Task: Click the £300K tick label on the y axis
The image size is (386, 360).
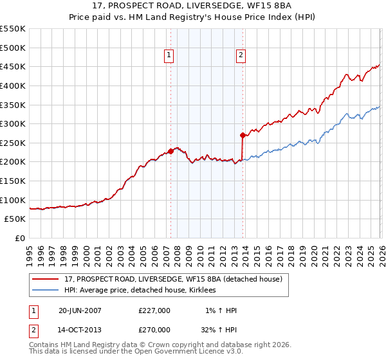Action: pos(13,123)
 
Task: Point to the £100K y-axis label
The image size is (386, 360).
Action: pos(13,200)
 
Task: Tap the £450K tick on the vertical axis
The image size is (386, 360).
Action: pos(13,66)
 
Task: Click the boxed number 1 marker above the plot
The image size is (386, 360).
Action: pos(169,56)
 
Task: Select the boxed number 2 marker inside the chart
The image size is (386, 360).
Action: pos(241,56)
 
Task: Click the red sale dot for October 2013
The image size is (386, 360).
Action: pos(243,135)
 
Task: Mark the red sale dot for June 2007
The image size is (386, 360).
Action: pos(170,152)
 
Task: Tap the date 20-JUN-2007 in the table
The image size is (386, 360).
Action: pos(80,310)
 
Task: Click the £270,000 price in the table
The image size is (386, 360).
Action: pos(154,329)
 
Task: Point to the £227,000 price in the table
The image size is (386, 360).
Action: pos(154,310)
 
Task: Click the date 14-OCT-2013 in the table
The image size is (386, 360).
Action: pos(80,329)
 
